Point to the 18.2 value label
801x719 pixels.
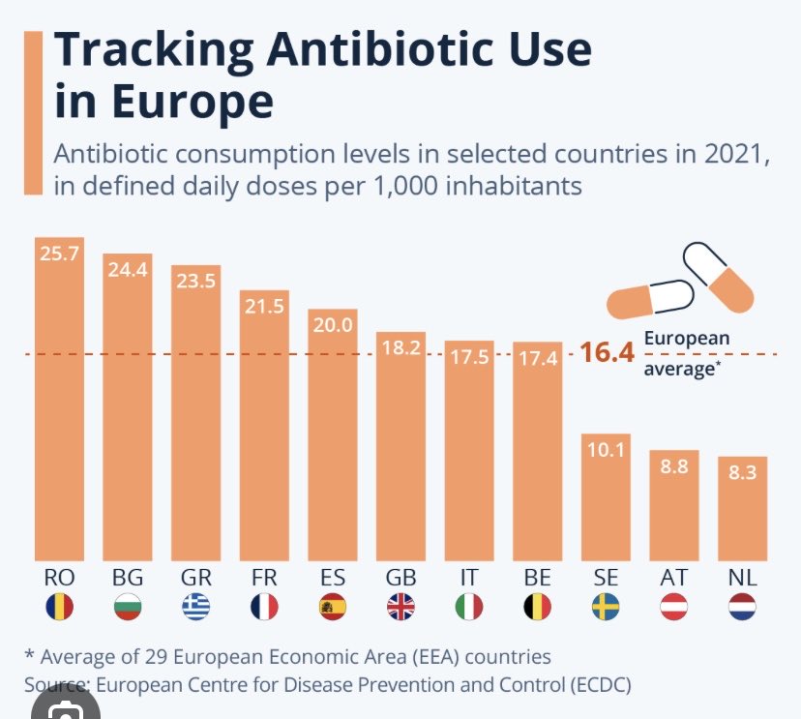(x=400, y=347)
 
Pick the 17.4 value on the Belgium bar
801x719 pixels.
(x=537, y=358)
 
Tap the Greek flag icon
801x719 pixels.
(x=195, y=608)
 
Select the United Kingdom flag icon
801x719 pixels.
(x=400, y=608)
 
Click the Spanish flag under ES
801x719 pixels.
(x=332, y=608)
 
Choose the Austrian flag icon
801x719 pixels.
(x=673, y=608)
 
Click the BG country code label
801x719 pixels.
(x=128, y=578)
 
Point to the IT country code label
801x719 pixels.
(x=468, y=578)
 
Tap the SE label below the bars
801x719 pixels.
(x=606, y=578)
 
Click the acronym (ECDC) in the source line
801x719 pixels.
(x=594, y=684)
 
